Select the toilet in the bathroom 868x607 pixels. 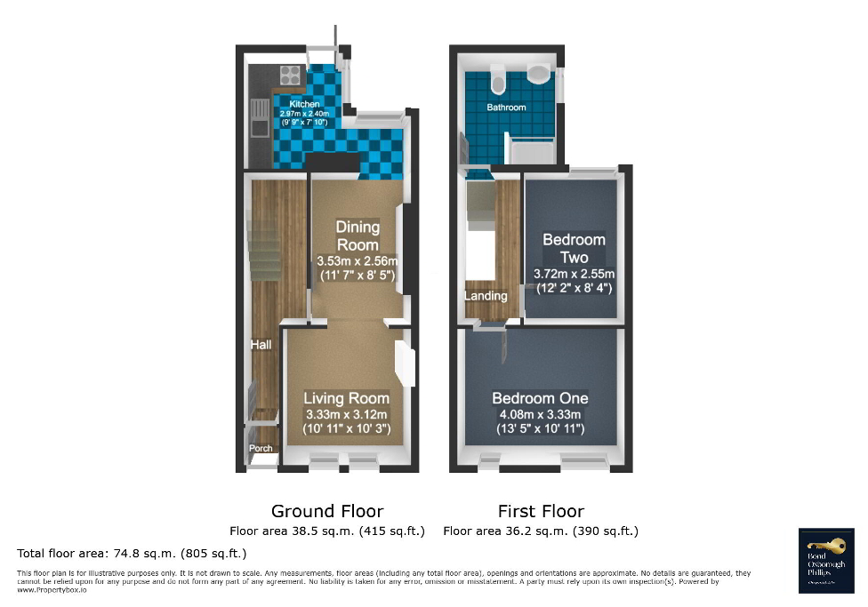coord(498,84)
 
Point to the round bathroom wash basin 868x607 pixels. coord(540,73)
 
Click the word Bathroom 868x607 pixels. coord(506,108)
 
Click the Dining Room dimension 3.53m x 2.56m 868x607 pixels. coord(357,261)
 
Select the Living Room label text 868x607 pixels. coord(347,398)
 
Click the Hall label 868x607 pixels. coord(261,345)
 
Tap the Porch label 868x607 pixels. coord(261,449)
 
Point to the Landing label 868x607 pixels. coord(486,296)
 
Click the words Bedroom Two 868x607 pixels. coord(574,248)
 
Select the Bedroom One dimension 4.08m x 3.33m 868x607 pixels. coord(541,415)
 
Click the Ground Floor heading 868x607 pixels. coord(327,511)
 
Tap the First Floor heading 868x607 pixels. coord(541,511)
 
